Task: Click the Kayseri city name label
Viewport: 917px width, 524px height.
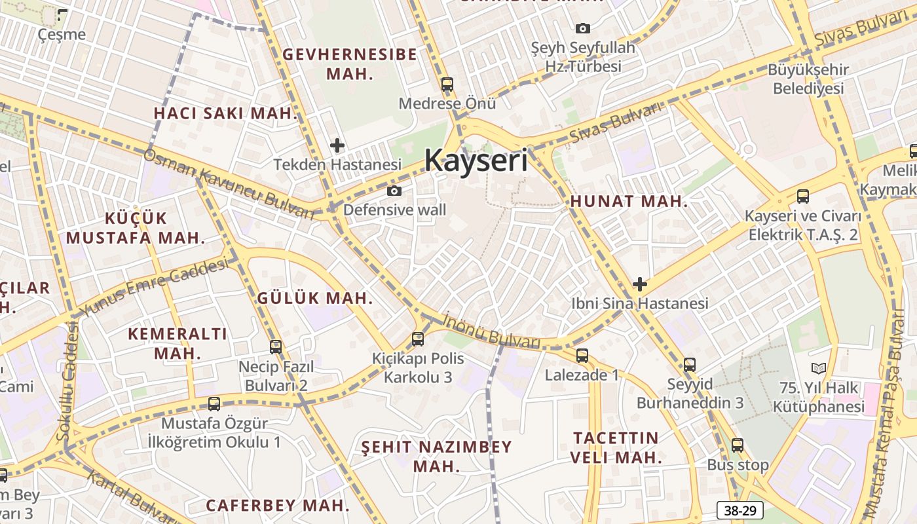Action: (x=476, y=160)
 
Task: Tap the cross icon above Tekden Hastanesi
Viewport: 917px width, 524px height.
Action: (x=337, y=145)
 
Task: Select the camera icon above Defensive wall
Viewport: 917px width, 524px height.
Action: (x=394, y=191)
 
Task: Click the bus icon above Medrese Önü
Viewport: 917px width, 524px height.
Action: (x=447, y=84)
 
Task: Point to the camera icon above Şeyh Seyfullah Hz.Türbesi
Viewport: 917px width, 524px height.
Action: (x=582, y=28)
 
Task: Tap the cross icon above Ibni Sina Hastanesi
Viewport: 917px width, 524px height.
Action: (x=640, y=284)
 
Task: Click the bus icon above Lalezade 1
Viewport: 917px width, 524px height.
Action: (x=582, y=356)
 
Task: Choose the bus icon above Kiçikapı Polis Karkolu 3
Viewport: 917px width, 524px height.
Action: (x=418, y=339)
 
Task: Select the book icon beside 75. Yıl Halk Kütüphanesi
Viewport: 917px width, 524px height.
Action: (x=818, y=368)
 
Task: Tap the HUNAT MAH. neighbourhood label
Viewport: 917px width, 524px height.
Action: (x=629, y=202)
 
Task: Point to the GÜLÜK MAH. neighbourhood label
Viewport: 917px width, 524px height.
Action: (x=315, y=298)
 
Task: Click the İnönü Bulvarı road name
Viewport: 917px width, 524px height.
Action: (x=491, y=331)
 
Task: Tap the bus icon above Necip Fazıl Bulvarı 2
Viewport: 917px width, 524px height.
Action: (x=276, y=346)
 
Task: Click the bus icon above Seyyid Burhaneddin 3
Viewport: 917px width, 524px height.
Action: (x=690, y=365)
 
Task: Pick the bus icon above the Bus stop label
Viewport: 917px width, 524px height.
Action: (x=738, y=445)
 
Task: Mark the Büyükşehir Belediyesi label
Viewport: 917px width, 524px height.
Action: (x=808, y=79)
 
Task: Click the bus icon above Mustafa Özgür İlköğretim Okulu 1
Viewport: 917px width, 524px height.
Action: (x=214, y=403)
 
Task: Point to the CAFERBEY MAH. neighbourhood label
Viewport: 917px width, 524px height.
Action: (x=278, y=506)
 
